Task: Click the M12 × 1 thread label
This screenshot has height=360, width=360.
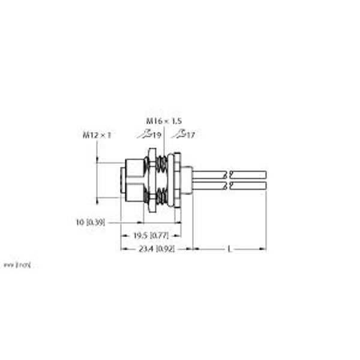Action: pyautogui.click(x=97, y=135)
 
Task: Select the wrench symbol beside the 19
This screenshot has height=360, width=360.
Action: pyautogui.click(x=146, y=134)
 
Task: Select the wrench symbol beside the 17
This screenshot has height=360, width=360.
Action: pyautogui.click(x=178, y=134)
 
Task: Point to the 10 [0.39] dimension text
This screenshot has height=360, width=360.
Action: pyautogui.click(x=90, y=222)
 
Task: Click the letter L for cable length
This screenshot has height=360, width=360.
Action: pyautogui.click(x=229, y=248)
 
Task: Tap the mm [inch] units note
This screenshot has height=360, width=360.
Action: pyautogui.click(x=17, y=264)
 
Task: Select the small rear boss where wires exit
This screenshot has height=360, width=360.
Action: pyautogui.click(x=187, y=180)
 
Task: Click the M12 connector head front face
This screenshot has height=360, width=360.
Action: pyautogui.click(x=122, y=180)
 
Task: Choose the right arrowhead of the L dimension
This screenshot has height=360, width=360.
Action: pyautogui.click(x=264, y=248)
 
